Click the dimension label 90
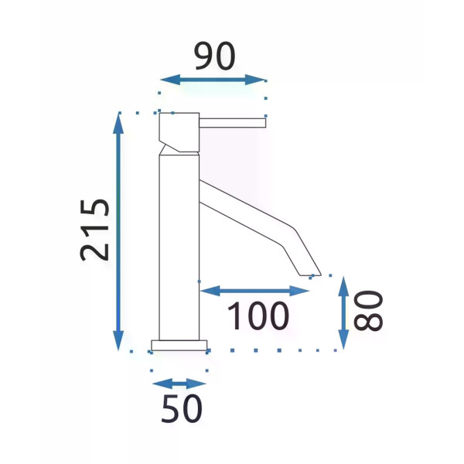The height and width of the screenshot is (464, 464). point(215,56)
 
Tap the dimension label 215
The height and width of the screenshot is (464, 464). point(94,230)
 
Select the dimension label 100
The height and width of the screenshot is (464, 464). point(258,316)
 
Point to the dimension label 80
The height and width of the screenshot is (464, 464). point(368,310)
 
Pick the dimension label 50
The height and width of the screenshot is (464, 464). point(182,408)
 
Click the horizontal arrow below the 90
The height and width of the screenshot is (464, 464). point(213,80)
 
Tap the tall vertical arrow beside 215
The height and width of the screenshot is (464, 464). point(118,232)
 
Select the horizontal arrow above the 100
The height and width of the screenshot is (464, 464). point(254,291)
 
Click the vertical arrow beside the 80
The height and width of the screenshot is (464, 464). point(343,312)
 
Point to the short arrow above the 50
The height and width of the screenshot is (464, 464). point(179,384)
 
